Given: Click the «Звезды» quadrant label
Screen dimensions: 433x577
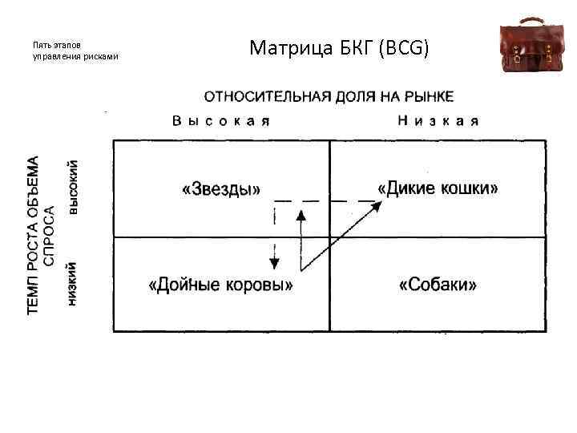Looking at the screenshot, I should [x=221, y=190].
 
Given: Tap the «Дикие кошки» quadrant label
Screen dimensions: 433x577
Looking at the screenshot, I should [x=438, y=188].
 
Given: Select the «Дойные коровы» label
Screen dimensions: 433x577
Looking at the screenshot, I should [x=220, y=285].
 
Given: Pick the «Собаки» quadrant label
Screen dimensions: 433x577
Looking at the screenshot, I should [x=438, y=285].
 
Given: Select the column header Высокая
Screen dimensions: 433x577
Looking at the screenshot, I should [x=220, y=121].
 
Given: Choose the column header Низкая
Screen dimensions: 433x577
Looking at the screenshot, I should [x=438, y=121].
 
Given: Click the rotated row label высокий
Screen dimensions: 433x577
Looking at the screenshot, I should [x=74, y=187].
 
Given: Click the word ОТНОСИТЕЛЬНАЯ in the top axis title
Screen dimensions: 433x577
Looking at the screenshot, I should [x=265, y=97].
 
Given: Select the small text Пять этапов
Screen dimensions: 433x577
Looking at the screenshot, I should [x=56, y=45].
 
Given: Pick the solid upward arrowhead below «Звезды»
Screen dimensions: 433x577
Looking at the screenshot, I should [x=301, y=215].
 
